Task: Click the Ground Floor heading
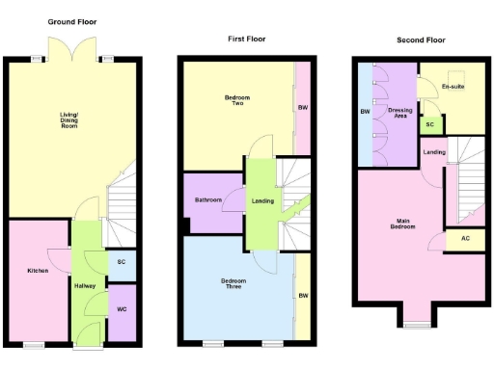click(x=73, y=21)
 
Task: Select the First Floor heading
click(x=246, y=40)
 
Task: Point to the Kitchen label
click(x=38, y=271)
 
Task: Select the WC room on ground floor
click(x=122, y=310)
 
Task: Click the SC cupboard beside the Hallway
click(x=122, y=262)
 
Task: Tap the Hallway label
click(x=85, y=286)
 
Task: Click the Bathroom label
click(x=208, y=200)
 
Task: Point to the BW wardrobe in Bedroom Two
click(x=302, y=107)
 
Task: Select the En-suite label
click(x=453, y=88)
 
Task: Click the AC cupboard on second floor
click(x=464, y=238)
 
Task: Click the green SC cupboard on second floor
click(x=430, y=125)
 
